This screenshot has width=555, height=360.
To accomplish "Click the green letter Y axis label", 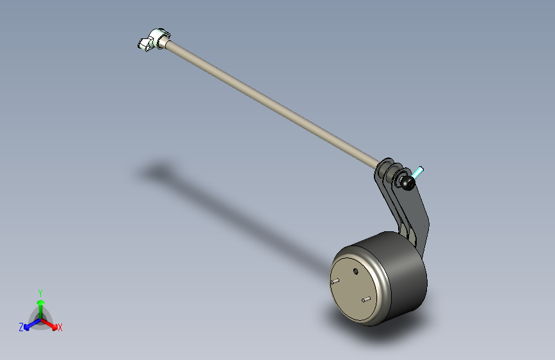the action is [x=40, y=293].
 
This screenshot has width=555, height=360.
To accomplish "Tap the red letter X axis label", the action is [x=60, y=328].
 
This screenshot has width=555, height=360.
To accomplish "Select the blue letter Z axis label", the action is [x=21, y=327].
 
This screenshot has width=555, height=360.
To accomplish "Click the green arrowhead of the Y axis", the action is [x=41, y=302].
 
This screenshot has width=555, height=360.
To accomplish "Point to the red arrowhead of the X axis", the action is [x=54, y=326].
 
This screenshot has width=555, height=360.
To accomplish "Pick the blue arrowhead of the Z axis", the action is [x=27, y=327].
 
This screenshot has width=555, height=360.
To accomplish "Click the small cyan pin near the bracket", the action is [x=417, y=172].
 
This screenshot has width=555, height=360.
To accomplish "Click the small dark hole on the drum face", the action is [x=355, y=272].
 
